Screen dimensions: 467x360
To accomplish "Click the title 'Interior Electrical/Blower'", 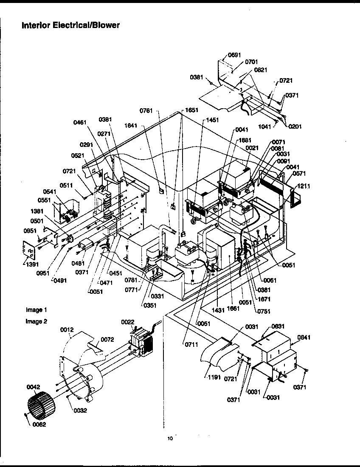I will coord(70,25).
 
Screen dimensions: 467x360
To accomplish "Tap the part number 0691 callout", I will coord(234,55).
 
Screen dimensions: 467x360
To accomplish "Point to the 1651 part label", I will coord(191,110).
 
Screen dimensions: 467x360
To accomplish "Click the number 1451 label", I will coord(212,120).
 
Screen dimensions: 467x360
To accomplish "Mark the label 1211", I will coord(304,186).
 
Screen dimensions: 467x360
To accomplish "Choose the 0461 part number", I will coord(79,123).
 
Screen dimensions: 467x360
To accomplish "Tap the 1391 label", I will coord(28,264).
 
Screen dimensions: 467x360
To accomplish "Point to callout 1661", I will coord(233,309).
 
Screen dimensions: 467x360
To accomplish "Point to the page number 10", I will coord(170,439).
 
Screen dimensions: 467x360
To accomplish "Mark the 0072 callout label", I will coord(107,340).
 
